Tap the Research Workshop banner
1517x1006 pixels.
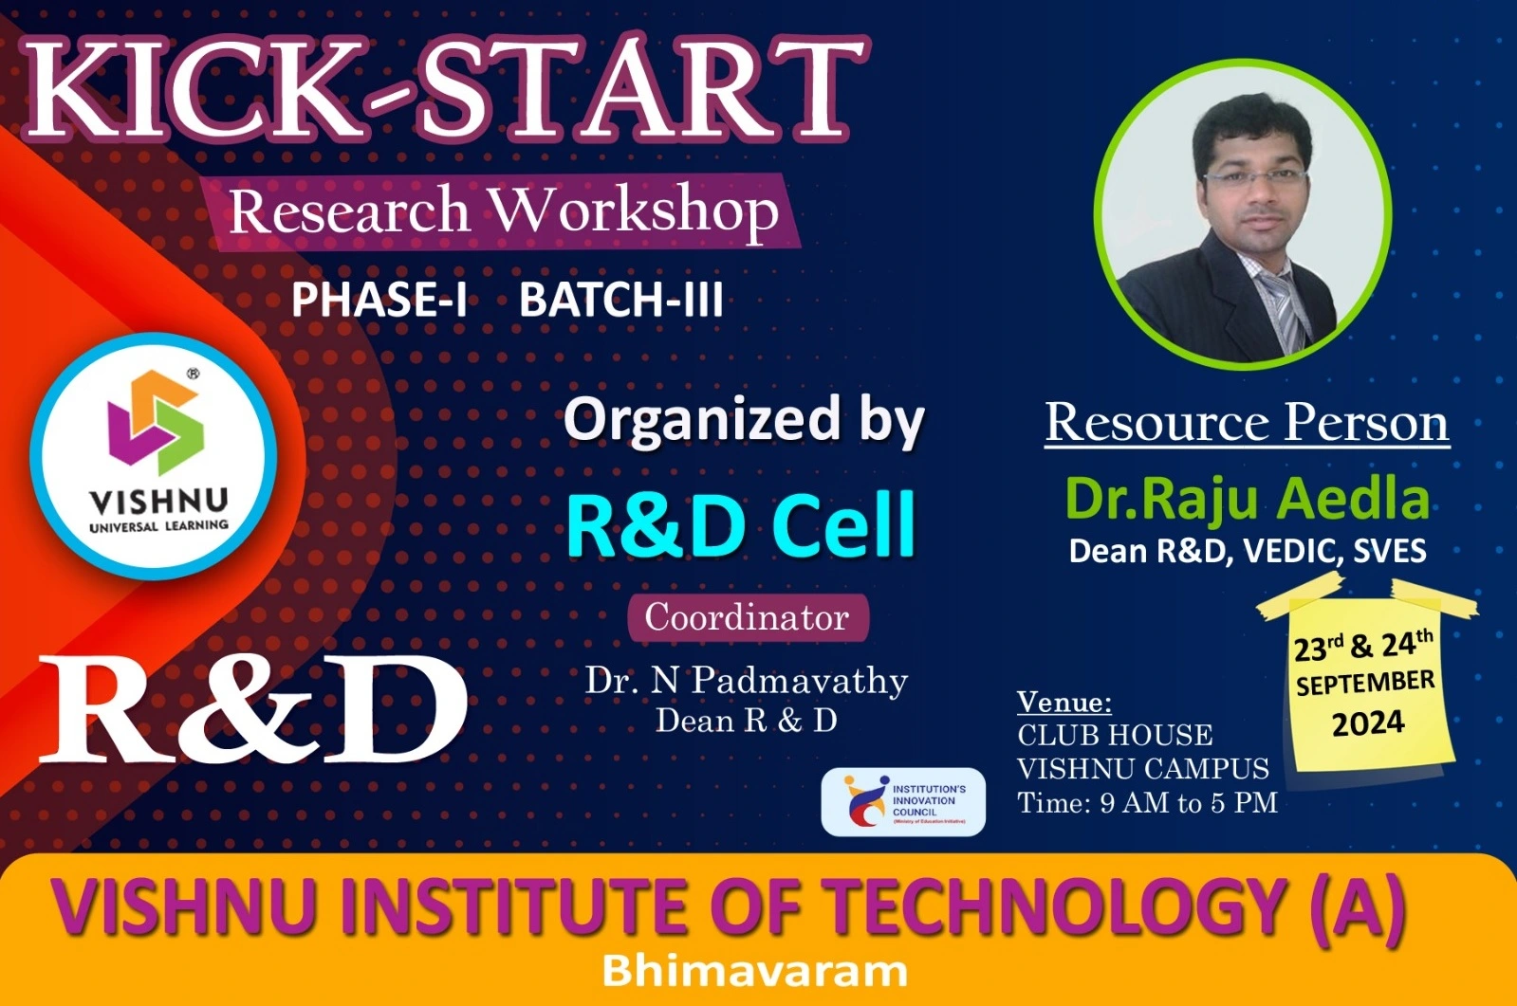(503, 211)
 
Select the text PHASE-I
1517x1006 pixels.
(379, 300)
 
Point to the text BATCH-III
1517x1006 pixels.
(621, 300)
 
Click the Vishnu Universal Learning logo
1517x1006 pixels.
(155, 456)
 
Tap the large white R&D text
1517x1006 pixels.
(253, 711)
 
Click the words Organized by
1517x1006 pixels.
(744, 421)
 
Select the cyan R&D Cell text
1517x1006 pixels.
(741, 525)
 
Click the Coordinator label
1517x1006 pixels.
(748, 617)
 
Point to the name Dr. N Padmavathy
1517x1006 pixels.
(747, 681)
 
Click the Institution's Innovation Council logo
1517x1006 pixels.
(903, 801)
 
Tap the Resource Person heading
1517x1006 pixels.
(1247, 423)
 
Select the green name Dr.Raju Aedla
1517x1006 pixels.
(1248, 500)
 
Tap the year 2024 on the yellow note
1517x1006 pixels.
(1369, 723)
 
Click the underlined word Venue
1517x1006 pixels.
(1064, 702)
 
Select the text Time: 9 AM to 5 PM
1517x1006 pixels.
(1147, 803)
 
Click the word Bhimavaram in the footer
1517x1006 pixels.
(754, 972)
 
